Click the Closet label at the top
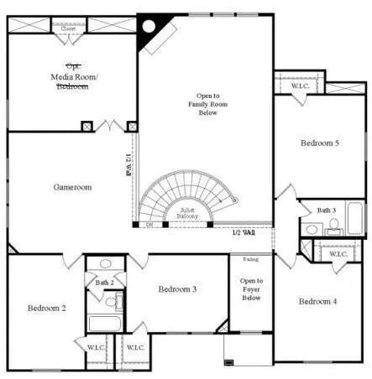[x=68, y=29]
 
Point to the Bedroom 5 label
[x=319, y=143]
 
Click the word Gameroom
[x=72, y=187]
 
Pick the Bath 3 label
[x=327, y=210]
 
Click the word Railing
[x=251, y=259]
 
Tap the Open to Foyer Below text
[x=251, y=288]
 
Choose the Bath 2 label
[x=105, y=283]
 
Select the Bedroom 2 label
[x=46, y=308]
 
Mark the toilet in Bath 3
[x=333, y=226]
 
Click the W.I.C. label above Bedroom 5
[x=299, y=86]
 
